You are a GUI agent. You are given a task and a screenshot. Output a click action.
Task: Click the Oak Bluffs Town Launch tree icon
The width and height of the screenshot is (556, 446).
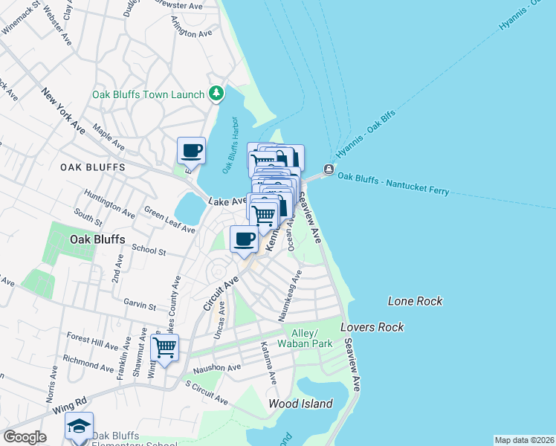(x=216, y=94)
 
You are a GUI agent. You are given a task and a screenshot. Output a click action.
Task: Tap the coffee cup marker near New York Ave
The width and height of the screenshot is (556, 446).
(x=191, y=151)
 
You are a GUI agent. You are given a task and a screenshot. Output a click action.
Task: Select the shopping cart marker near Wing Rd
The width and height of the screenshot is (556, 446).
(x=164, y=347)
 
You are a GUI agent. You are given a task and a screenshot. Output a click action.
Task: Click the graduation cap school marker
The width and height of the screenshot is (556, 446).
(x=79, y=426)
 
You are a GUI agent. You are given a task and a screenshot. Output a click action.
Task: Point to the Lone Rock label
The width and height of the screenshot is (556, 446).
(x=415, y=301)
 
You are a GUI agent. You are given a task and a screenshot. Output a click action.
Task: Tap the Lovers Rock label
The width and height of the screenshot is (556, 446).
(x=372, y=327)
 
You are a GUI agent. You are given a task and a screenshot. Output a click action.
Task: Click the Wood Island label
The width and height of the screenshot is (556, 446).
(x=300, y=404)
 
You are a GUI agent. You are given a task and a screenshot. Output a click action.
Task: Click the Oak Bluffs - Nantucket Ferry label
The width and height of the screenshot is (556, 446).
(x=393, y=184)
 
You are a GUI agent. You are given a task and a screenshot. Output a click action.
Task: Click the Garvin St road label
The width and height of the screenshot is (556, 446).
(x=140, y=305)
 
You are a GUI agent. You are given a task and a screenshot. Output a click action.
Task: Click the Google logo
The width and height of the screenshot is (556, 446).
(x=25, y=437)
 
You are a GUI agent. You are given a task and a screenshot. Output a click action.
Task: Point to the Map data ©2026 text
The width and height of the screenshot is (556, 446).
(x=523, y=440)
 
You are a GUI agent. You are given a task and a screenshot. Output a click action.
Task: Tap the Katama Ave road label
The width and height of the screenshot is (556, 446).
(x=268, y=363)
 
